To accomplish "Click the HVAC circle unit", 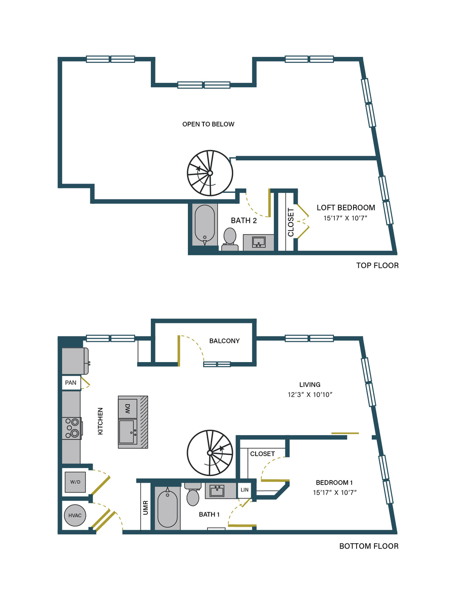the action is [75, 515].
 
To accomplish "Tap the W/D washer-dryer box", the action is [75, 482].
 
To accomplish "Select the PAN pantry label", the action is [71, 383].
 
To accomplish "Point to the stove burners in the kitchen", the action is [72, 428].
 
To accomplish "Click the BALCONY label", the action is [224, 341].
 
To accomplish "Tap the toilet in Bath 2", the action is [230, 239].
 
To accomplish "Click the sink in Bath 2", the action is [259, 242].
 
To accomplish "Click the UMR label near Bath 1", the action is [146, 508].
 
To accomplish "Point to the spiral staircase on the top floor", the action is [210, 173].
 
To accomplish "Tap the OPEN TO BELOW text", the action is [208, 124].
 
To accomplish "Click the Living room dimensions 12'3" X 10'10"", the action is [310, 395].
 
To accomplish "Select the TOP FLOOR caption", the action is [378, 265].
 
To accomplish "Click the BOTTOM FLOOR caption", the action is [369, 546].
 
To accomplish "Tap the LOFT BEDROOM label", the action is [346, 208].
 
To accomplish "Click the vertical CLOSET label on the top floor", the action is [291, 222].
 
